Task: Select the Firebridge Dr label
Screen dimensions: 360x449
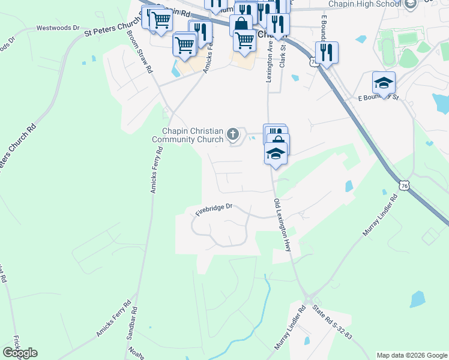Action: tap(214, 209)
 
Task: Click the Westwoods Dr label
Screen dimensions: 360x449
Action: tap(58, 28)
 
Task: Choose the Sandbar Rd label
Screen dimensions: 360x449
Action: tap(131, 325)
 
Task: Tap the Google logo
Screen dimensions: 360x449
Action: tap(20, 352)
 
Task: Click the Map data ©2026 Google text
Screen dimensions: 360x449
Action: tap(411, 355)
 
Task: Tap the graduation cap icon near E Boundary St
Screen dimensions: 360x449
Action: tap(384, 83)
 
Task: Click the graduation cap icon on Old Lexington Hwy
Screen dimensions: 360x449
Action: tap(276, 153)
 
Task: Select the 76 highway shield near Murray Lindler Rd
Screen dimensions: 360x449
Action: tap(405, 187)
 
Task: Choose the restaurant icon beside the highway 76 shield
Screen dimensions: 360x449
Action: tap(327, 52)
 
